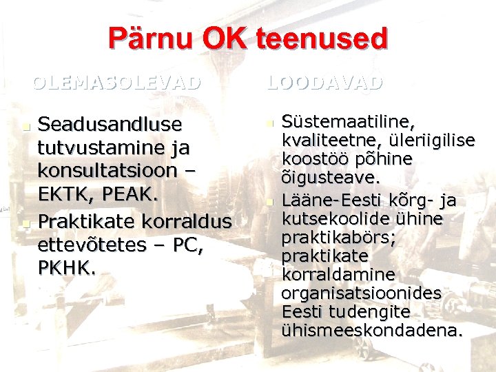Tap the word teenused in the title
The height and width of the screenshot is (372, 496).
pyautogui.click(x=322, y=39)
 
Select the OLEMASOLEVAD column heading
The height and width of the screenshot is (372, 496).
pyautogui.click(x=118, y=83)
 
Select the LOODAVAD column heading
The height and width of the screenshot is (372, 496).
pyautogui.click(x=324, y=83)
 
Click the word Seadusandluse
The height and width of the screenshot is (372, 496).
pyautogui.click(x=110, y=125)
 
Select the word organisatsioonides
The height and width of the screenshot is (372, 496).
pyautogui.click(x=362, y=293)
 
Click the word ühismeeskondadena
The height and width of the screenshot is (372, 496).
pyautogui.click(x=372, y=330)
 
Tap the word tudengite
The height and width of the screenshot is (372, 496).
pyautogui.click(x=379, y=311)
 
